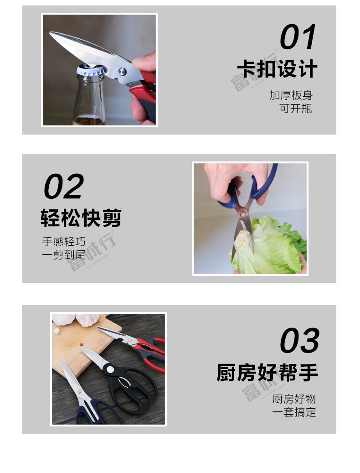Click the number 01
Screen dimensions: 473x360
coord(298,37)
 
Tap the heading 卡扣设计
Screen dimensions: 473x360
coord(277,70)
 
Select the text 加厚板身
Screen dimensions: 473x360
coord(291,95)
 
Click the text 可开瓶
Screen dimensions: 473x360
coord(296,109)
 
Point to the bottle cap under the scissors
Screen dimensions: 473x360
coord(90,70)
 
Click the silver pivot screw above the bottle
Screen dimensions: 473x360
coord(122,71)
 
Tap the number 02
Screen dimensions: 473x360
coord(64,186)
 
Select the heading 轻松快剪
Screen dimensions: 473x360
coord(81,218)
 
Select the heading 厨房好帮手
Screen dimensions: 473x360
coord(267,373)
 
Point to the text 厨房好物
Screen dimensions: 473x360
coord(294,399)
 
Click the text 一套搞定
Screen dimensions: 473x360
coord(294,412)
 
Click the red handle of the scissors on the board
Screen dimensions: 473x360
coord(153,353)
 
